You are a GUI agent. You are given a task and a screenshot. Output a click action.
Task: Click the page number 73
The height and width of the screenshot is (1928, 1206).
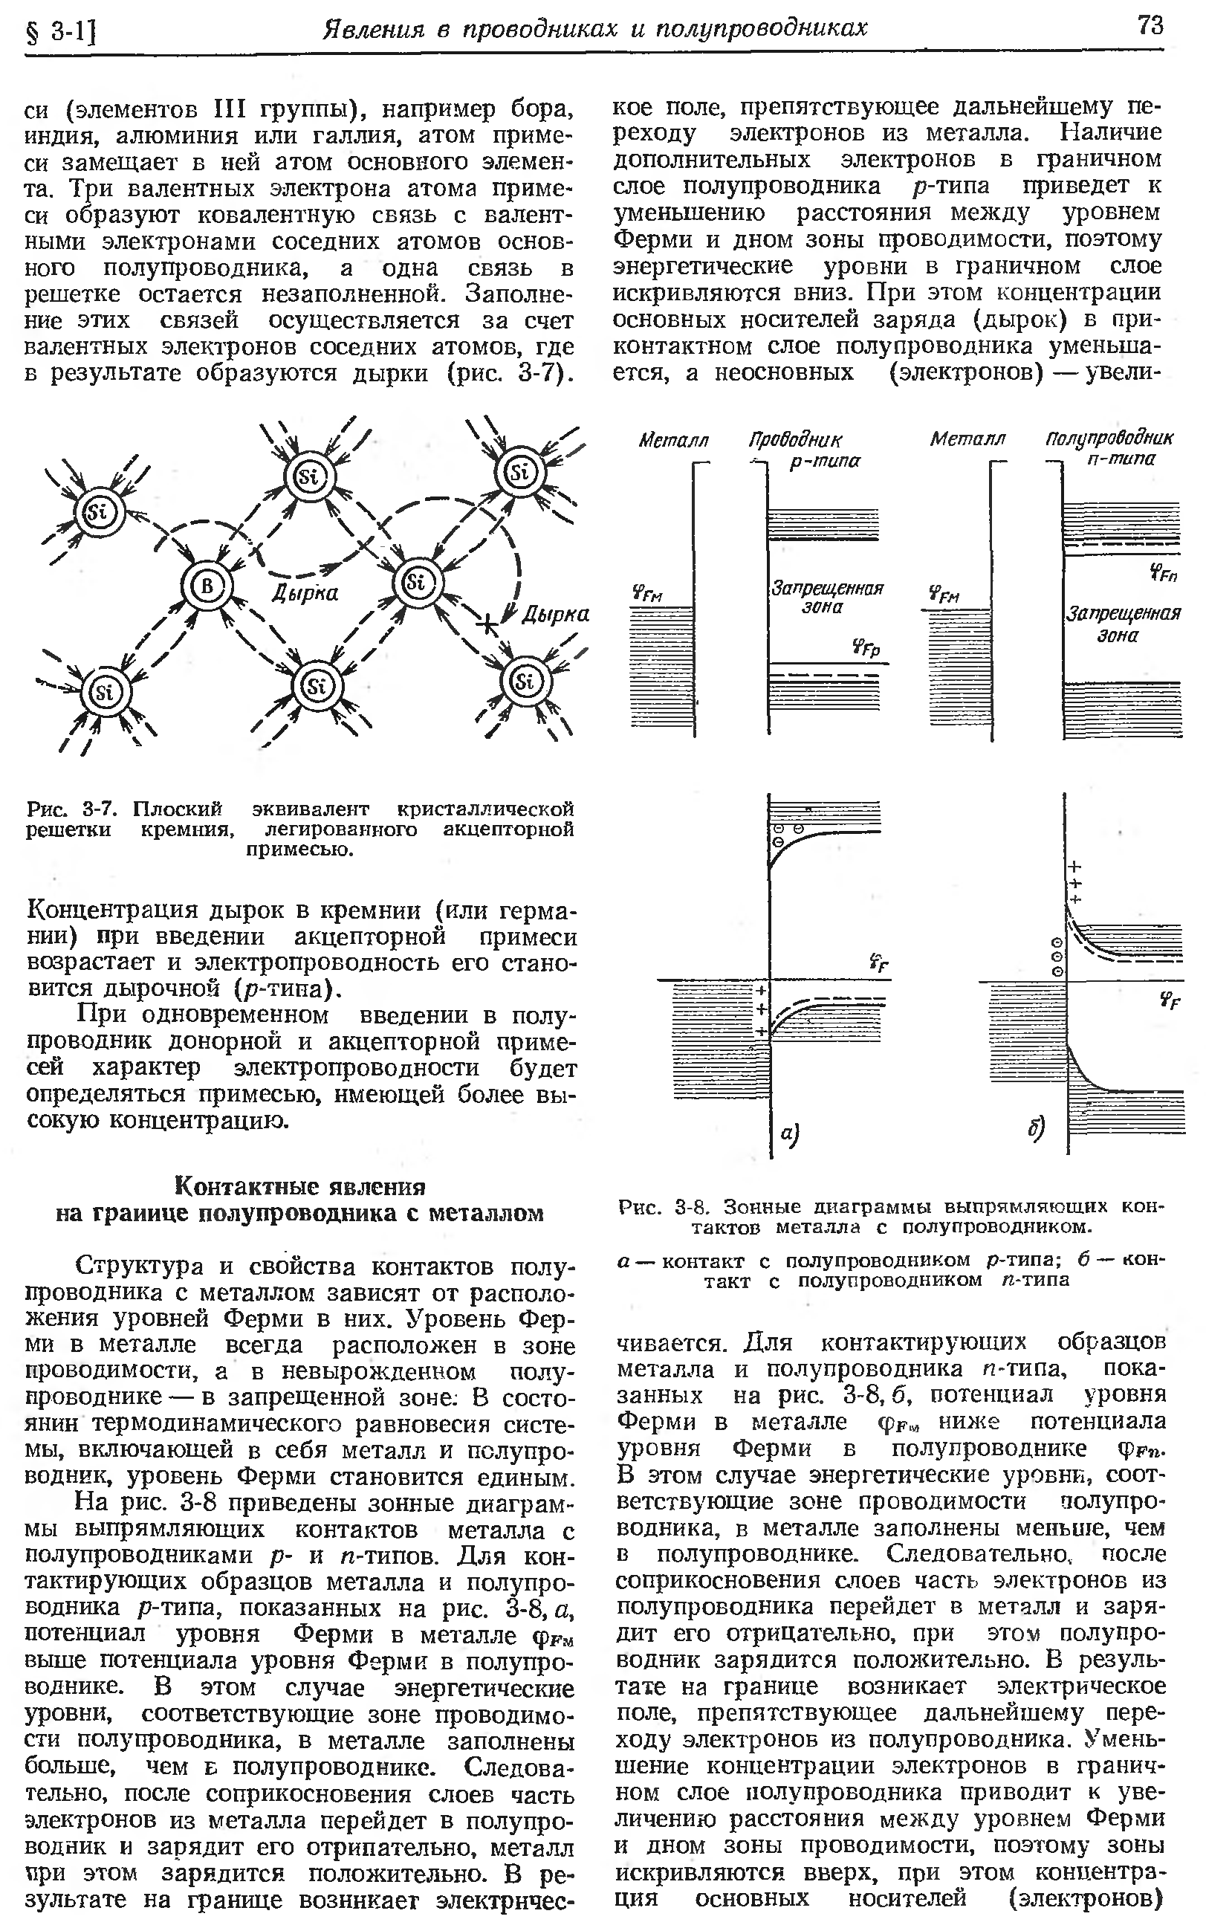tap(1150, 25)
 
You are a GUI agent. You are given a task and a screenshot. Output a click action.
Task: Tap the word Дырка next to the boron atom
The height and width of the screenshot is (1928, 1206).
tap(305, 592)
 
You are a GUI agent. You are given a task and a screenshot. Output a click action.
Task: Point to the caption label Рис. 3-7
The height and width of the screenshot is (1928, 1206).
tap(73, 809)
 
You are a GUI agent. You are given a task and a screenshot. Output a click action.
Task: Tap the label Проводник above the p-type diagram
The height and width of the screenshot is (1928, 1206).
tap(794, 439)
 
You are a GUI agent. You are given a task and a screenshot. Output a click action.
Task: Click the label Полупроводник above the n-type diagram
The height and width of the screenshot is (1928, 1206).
tap(1109, 437)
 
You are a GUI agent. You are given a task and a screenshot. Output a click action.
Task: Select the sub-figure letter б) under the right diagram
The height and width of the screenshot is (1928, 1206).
tap(1035, 1129)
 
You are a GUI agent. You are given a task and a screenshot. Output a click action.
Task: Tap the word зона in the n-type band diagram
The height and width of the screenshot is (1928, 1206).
tap(1118, 635)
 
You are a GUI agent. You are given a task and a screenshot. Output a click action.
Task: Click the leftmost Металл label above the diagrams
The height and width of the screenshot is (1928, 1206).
tap(674, 439)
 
